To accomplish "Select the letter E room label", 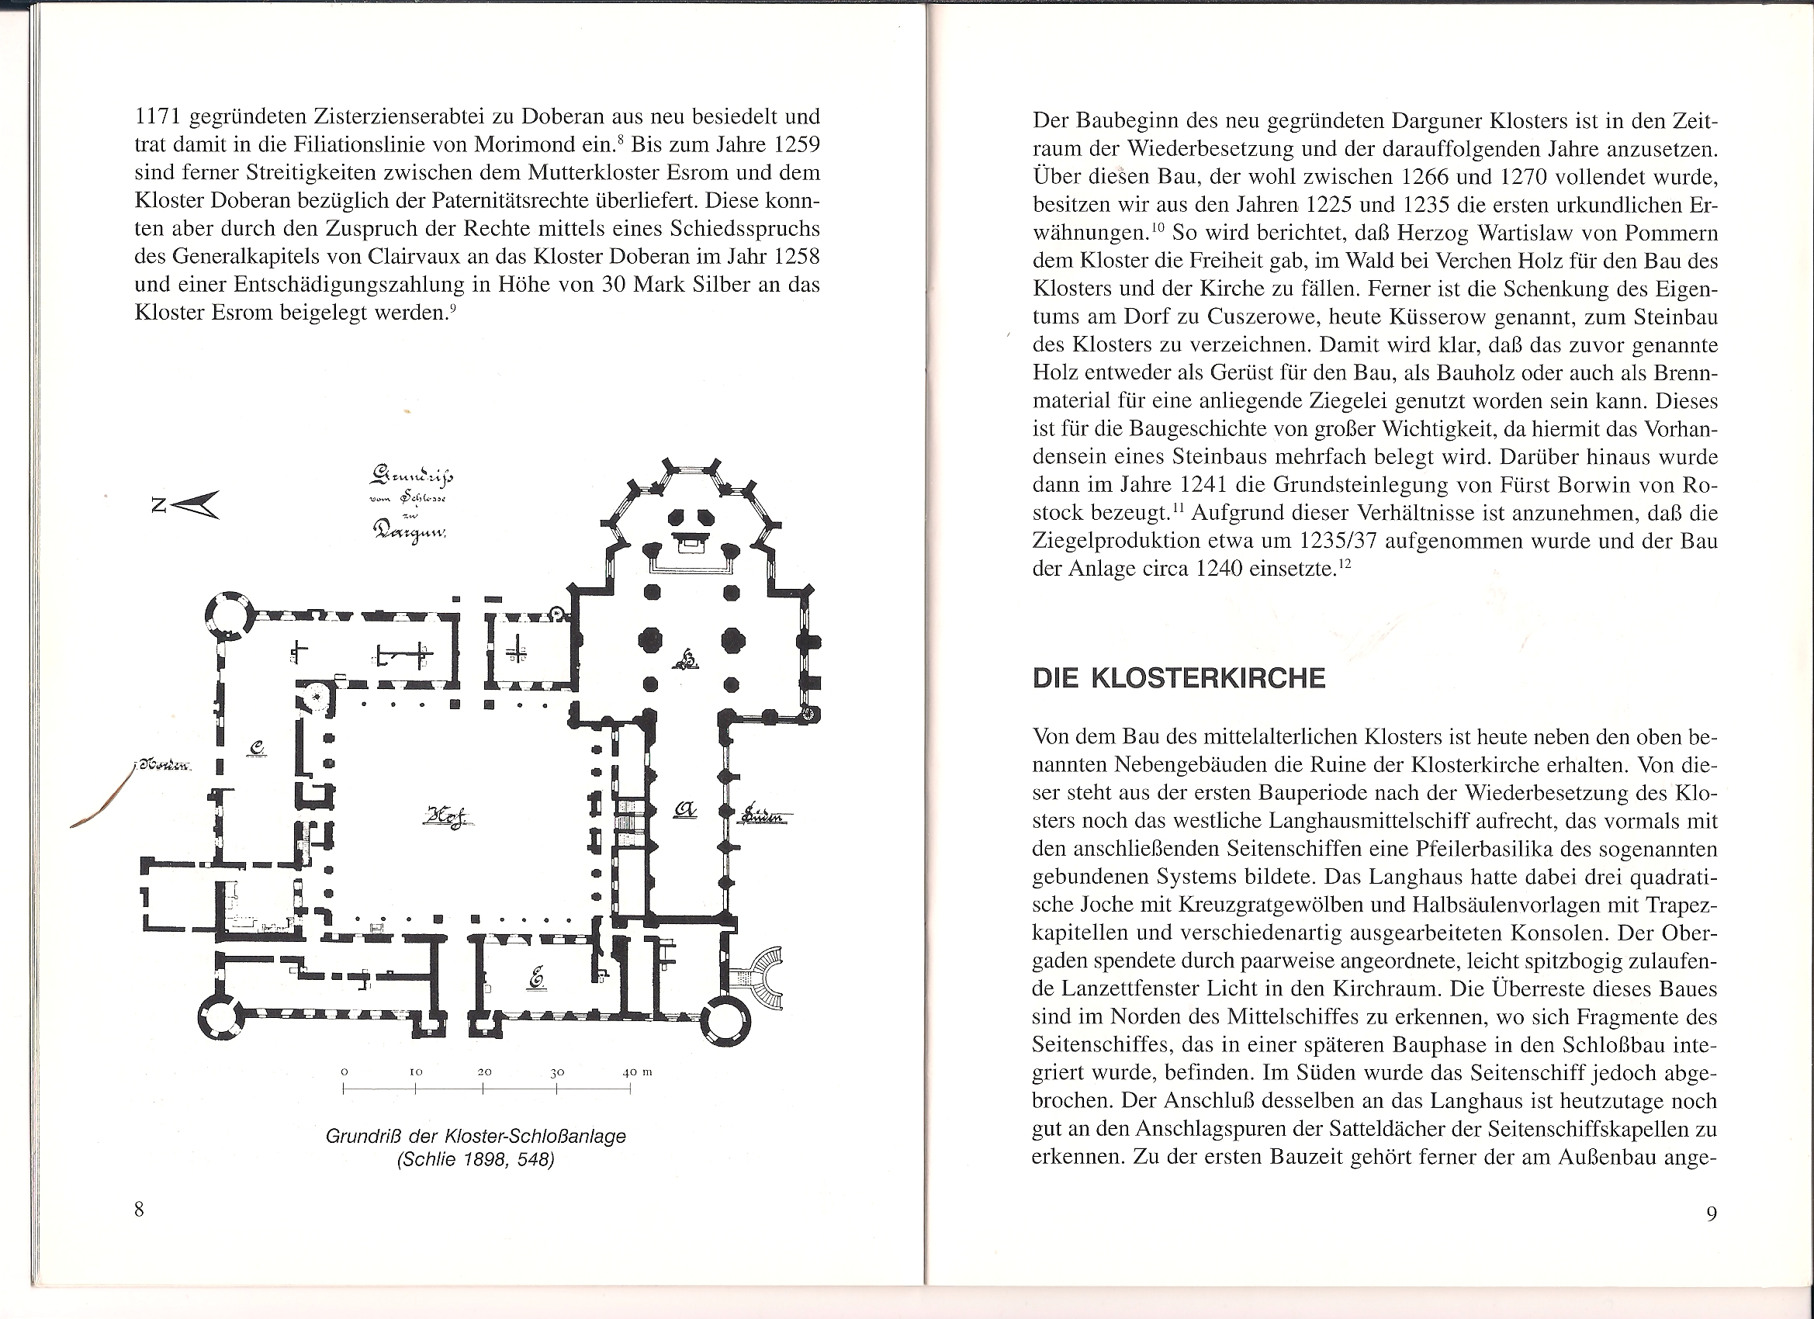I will [x=535, y=978].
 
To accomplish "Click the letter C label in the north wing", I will [x=256, y=748].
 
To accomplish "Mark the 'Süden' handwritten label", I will [x=766, y=815].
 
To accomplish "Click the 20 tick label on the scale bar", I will [x=484, y=1071].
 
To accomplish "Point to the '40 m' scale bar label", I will [x=638, y=1071].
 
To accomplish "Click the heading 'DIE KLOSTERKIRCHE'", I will [x=1179, y=678].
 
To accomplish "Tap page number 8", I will [x=139, y=1210].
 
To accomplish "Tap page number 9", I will [x=1712, y=1213].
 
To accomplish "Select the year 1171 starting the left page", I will [x=159, y=117].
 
